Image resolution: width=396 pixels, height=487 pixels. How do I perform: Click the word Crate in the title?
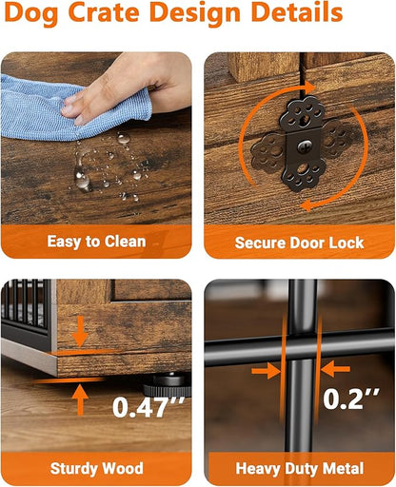point(104,12)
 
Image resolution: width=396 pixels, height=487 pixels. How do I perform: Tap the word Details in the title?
point(297,12)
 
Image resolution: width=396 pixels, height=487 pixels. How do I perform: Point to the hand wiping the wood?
point(127,86)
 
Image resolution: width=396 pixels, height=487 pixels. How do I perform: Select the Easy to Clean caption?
point(96,242)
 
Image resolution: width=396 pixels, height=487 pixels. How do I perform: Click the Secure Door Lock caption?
point(299,243)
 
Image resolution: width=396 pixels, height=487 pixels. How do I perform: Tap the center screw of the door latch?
point(304,146)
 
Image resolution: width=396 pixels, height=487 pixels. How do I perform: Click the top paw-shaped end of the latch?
point(303,113)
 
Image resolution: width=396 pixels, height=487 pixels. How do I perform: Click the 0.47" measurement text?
point(148,407)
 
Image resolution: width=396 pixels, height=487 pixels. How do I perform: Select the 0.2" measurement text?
point(351,399)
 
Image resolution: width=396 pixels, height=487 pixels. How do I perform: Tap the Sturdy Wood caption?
point(97,469)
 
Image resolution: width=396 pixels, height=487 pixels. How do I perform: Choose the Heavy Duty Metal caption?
point(300,469)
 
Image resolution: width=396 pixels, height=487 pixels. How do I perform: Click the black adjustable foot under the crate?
point(168,385)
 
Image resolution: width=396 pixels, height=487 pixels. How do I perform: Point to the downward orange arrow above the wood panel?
point(80,331)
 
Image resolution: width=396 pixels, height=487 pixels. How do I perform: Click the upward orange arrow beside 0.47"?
point(80,399)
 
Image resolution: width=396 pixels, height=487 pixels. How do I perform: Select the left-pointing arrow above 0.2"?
point(335,369)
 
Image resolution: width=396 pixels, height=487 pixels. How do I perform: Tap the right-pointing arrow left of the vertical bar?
point(267,370)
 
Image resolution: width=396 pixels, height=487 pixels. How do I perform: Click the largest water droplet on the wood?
point(82,179)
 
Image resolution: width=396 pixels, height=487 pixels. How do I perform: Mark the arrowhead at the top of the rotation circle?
point(309,88)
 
